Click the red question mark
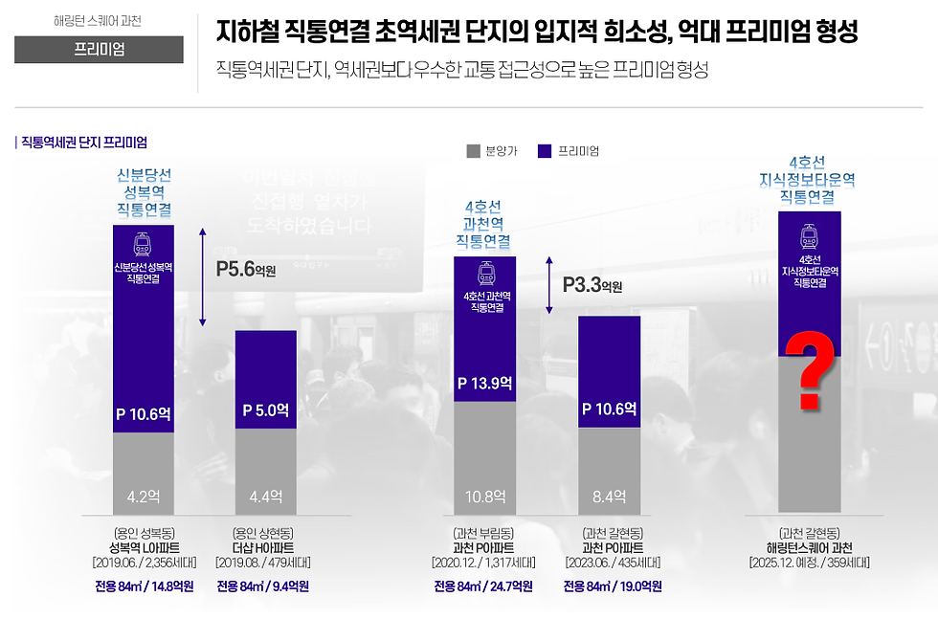810,369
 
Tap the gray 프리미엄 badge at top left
99,49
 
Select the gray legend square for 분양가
473,151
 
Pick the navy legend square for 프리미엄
545,151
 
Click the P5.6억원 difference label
246,269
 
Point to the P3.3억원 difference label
592,285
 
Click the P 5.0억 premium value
265,410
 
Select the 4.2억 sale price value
144,496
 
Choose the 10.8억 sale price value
483,496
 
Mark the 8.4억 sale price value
609,496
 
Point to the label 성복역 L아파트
144,547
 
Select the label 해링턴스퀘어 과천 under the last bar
810,547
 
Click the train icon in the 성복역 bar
144,243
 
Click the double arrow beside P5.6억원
202,277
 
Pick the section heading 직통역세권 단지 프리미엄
83,142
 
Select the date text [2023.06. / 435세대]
609,563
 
